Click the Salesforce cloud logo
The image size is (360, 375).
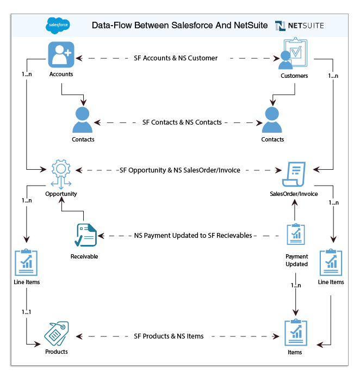58,25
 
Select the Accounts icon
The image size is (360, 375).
61,55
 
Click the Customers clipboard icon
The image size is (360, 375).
293,54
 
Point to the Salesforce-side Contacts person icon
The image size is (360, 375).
83,120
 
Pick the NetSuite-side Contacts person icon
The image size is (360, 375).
272,120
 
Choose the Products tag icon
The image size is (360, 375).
56,334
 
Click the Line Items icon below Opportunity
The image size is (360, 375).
27,263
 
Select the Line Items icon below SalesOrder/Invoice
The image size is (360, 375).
331,263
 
